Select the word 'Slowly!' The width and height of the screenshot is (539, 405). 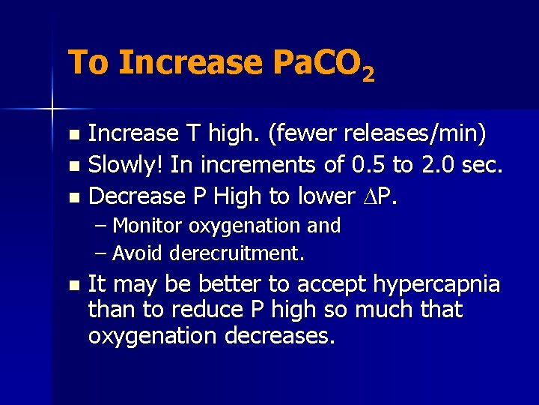pos(126,166)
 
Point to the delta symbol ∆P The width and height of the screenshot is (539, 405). pos(385,196)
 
